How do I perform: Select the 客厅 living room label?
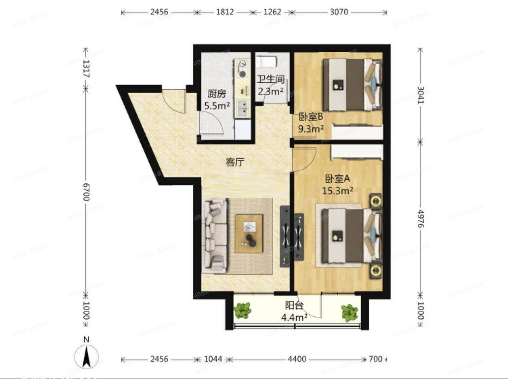coord(235,162)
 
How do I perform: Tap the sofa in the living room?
coord(215,235)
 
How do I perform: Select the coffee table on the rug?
coord(249,234)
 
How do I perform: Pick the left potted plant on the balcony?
coord(243,311)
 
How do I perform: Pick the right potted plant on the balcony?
coord(349,313)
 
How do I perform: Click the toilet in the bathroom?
coord(266,62)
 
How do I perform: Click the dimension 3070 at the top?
coord(339,12)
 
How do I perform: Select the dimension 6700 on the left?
coord(86,197)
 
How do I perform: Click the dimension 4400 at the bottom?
coord(297,359)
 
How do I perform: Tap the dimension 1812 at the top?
coord(225,12)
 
